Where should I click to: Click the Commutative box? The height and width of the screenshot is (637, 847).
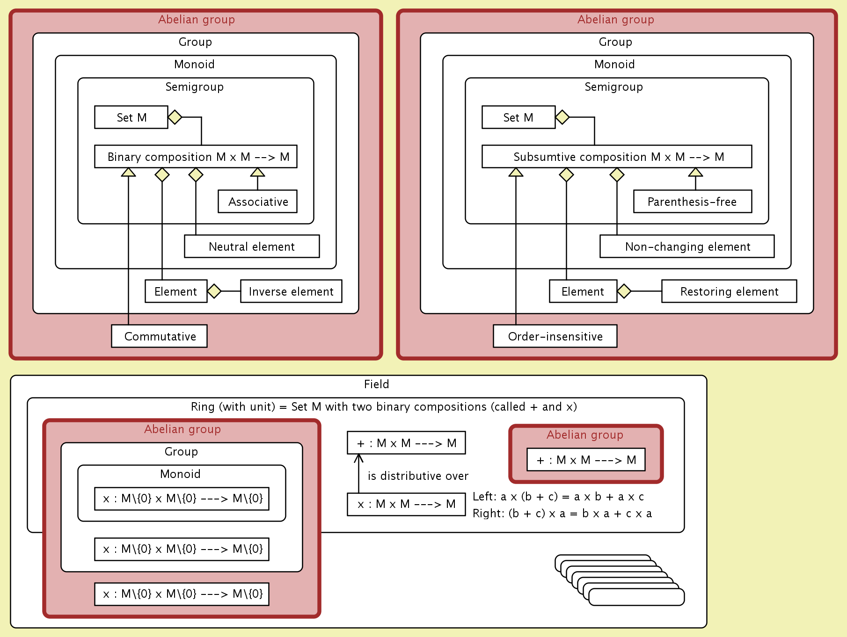click(159, 336)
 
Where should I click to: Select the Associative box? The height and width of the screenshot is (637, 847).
click(257, 202)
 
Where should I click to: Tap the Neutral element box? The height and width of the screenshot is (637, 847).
click(252, 246)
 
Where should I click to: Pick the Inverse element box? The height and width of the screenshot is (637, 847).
click(291, 291)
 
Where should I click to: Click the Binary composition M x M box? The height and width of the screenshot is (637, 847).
click(196, 157)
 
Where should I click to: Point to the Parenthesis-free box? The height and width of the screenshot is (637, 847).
click(693, 202)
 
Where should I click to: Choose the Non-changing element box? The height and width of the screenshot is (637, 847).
click(687, 246)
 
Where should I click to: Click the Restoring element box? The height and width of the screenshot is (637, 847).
click(729, 291)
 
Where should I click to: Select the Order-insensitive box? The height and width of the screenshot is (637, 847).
click(555, 336)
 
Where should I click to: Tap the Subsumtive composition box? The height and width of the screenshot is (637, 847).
click(617, 157)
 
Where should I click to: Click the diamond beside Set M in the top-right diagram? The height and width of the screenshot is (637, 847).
click(562, 117)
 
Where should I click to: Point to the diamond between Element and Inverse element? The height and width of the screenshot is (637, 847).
click(214, 291)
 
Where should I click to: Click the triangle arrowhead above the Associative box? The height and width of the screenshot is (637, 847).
click(257, 172)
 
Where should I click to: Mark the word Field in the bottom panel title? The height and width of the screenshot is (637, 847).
click(376, 384)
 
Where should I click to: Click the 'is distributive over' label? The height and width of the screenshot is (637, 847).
click(418, 476)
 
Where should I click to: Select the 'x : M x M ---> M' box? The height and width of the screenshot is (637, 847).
click(406, 504)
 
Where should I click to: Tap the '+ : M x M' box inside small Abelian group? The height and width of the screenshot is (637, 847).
click(586, 460)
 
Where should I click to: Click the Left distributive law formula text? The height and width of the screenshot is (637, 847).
click(558, 497)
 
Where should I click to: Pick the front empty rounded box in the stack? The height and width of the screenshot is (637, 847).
click(636, 597)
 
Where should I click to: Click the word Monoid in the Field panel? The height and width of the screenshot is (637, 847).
click(180, 474)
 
